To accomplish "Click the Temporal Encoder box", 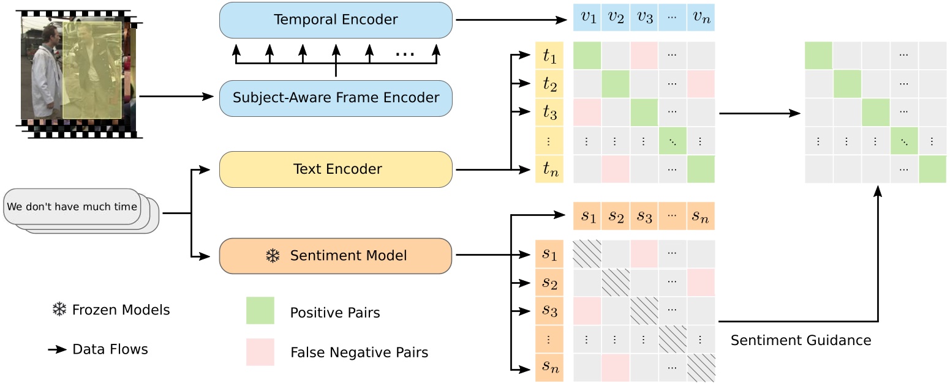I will (x=336, y=20).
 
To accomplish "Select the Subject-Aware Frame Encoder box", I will (x=336, y=98).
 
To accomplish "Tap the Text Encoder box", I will (x=336, y=169).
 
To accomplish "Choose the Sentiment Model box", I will (x=336, y=256).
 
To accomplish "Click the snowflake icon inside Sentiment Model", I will (x=272, y=256).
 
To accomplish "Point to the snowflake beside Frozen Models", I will (x=59, y=310).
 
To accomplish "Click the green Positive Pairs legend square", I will (x=260, y=311).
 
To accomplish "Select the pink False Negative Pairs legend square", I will (x=260, y=352).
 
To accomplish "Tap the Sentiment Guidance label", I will (x=801, y=340).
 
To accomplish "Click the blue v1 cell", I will (x=587, y=18).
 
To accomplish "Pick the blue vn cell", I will (x=701, y=18).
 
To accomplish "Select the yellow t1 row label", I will (x=549, y=56).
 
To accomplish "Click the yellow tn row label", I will (x=549, y=169).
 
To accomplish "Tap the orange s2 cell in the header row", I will (x=616, y=216).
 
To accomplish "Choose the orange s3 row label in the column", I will (x=549, y=311).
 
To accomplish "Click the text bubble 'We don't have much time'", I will (x=72, y=207).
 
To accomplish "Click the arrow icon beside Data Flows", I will (x=58, y=350).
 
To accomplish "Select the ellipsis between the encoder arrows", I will (x=405, y=54).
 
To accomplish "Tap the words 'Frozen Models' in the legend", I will (x=121, y=310).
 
